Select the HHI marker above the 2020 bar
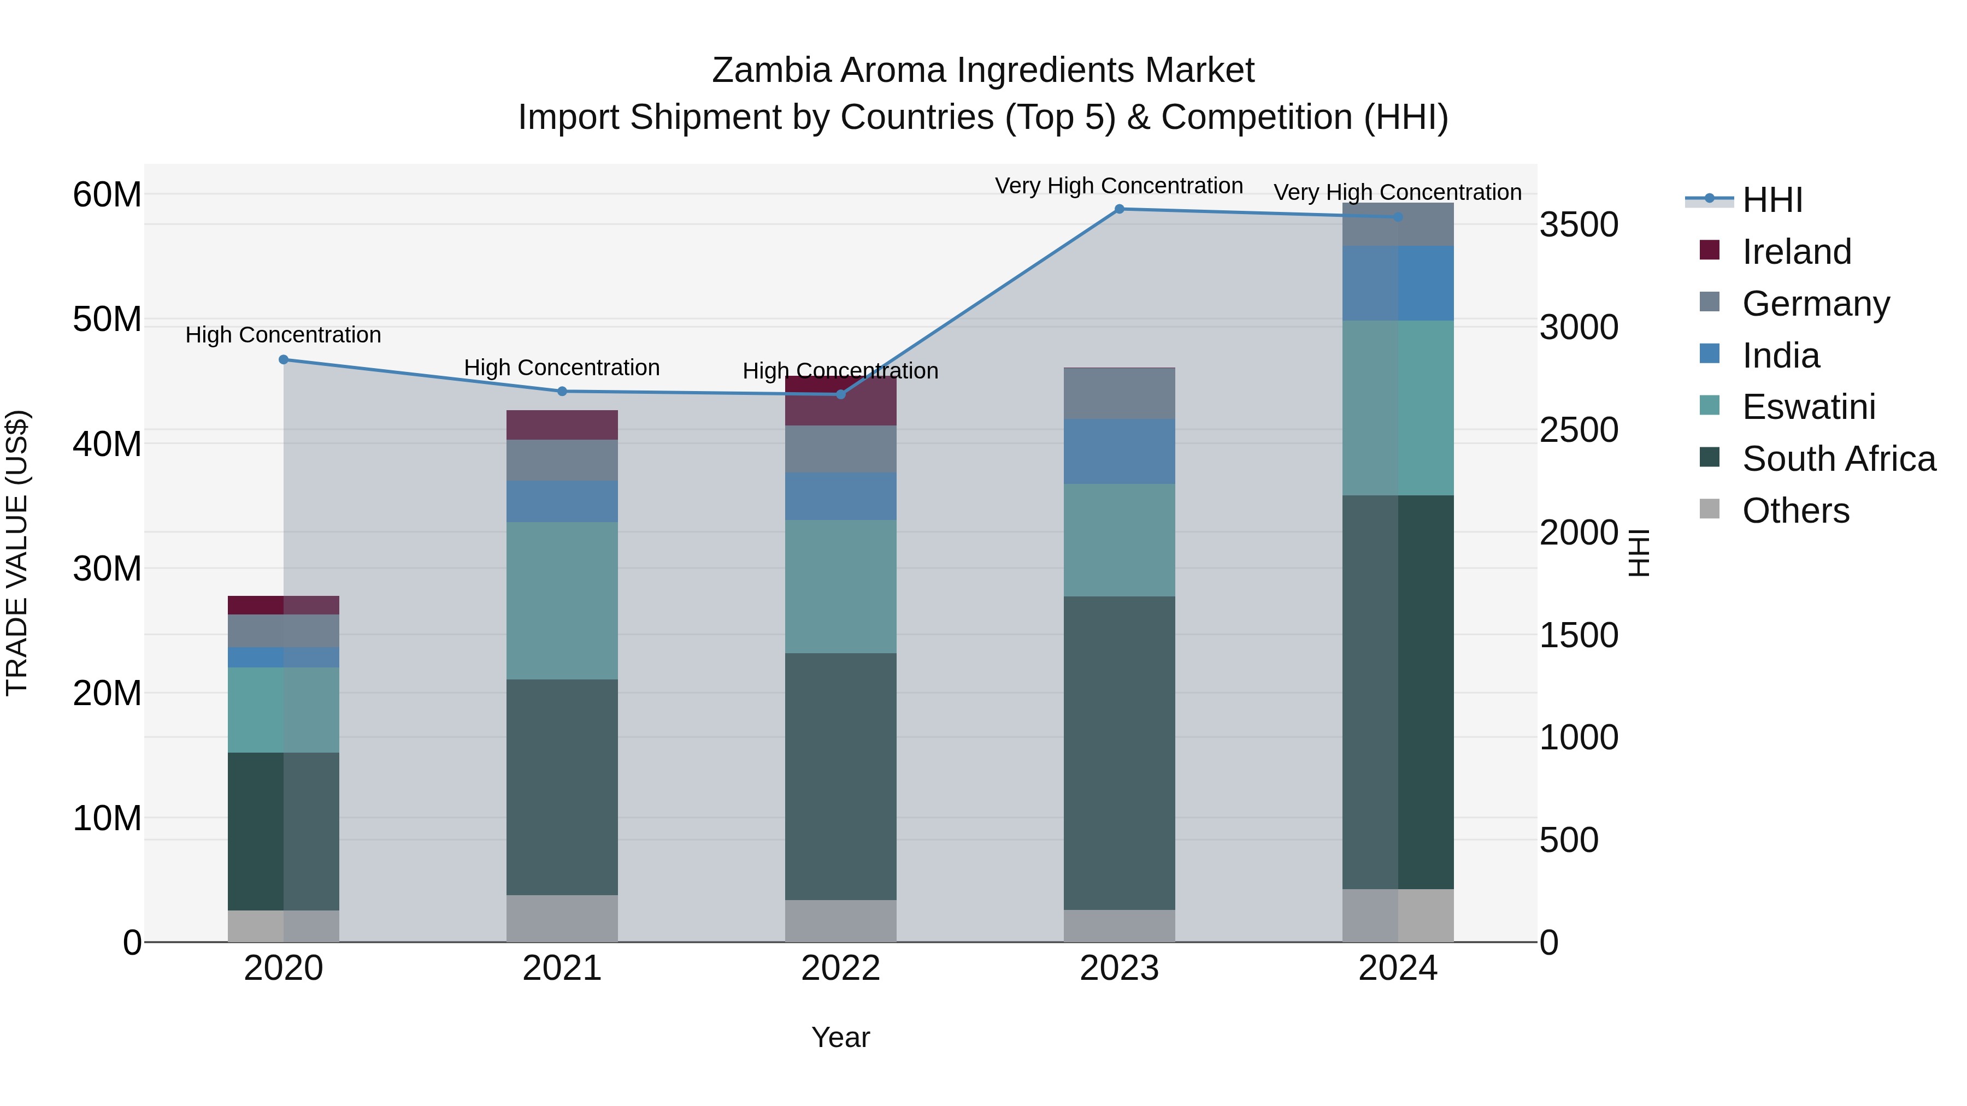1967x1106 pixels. (x=283, y=359)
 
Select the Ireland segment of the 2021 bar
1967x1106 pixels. (x=562, y=424)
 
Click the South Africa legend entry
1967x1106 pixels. (x=1838, y=459)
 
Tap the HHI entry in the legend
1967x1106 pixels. (x=1771, y=200)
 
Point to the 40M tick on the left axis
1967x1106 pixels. (x=107, y=444)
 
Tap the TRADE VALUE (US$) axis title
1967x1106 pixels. (x=17, y=553)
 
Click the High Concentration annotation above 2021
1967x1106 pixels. (x=562, y=368)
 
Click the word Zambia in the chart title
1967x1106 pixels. (x=771, y=70)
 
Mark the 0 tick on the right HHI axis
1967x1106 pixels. (x=1548, y=943)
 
